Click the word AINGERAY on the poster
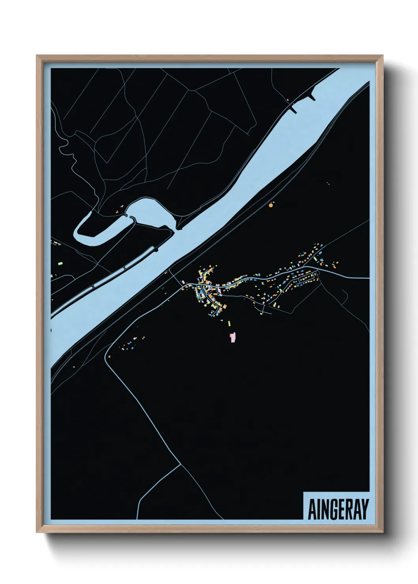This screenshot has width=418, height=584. tap(337, 509)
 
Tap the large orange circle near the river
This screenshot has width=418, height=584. tap(271, 205)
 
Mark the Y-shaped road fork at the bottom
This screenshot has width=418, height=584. tap(181, 464)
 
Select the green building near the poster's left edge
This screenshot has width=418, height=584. tap(60, 262)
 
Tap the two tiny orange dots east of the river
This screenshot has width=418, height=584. tap(328, 183)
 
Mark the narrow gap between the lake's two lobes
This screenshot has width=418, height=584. tap(130, 217)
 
